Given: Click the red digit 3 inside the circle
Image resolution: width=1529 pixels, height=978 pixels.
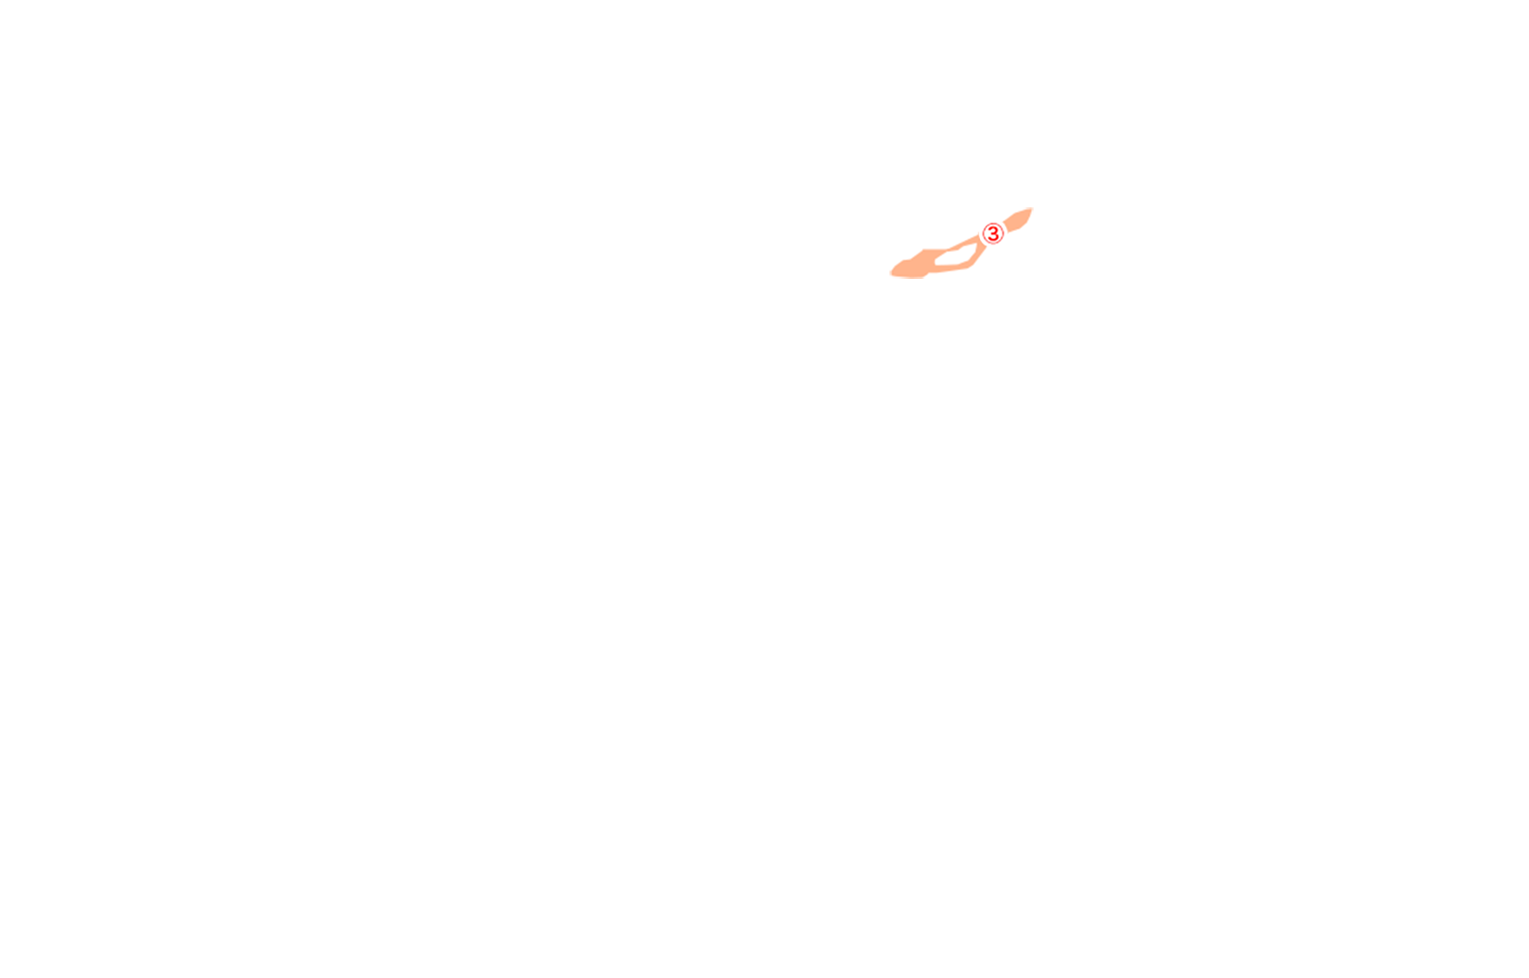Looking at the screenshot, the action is [x=993, y=234].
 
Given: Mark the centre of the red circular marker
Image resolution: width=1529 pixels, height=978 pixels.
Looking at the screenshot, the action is [x=993, y=234].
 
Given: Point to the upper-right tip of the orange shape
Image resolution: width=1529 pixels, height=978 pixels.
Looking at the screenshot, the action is [x=1032, y=208].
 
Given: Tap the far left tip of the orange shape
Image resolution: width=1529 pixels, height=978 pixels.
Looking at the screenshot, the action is [x=890, y=273].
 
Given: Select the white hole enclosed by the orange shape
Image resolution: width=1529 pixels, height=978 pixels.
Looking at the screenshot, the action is [x=956, y=255].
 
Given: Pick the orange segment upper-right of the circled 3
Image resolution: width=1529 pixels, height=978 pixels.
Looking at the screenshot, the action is [x=1018, y=220].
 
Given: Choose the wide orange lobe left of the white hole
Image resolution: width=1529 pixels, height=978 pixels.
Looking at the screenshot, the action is [x=913, y=265].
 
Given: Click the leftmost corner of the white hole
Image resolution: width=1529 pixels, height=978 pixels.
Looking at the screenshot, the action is [x=935, y=262].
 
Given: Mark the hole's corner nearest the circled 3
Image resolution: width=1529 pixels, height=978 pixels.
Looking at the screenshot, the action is [x=977, y=245].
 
